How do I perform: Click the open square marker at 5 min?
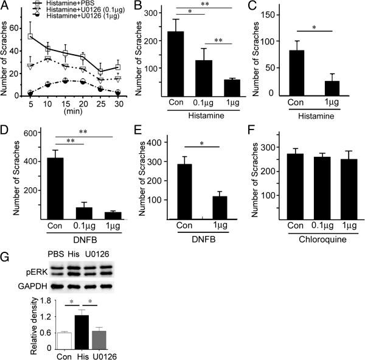pyautogui.click(x=30, y=36)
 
